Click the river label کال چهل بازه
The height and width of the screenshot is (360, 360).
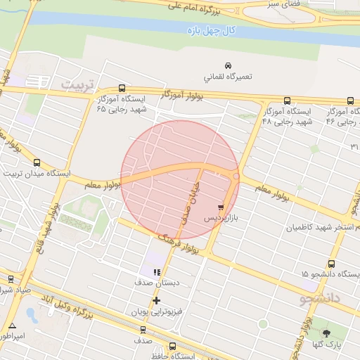(214, 32)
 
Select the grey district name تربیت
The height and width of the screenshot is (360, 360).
(77, 83)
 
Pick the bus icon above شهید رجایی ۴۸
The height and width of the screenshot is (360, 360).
(287, 101)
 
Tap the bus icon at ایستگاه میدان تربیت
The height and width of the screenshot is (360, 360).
(37, 161)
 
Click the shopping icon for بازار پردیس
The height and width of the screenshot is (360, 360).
(221, 207)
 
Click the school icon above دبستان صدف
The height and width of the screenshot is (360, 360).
(157, 271)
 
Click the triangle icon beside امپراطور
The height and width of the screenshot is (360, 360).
(13, 326)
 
